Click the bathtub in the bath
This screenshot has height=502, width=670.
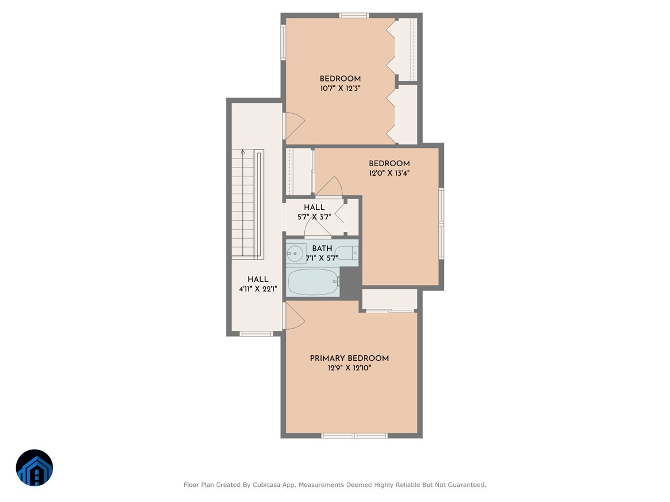click(312, 282)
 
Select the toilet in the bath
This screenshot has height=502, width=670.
click(347, 253)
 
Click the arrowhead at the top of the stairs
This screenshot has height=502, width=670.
click(242, 151)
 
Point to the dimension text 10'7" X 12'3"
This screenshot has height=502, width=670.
click(340, 88)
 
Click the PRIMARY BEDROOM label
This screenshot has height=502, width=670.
click(349, 358)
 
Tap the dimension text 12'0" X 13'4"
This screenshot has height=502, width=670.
click(389, 173)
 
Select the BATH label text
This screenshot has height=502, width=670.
click(322, 248)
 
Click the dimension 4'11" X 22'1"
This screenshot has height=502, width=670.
click(258, 288)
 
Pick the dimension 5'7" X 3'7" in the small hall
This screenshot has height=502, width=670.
click(314, 216)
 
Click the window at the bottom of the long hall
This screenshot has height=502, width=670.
click(256, 334)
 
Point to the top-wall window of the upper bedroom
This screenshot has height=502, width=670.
click(354, 15)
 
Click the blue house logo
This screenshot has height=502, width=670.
click(35, 468)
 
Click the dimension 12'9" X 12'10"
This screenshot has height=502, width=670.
click(349, 368)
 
